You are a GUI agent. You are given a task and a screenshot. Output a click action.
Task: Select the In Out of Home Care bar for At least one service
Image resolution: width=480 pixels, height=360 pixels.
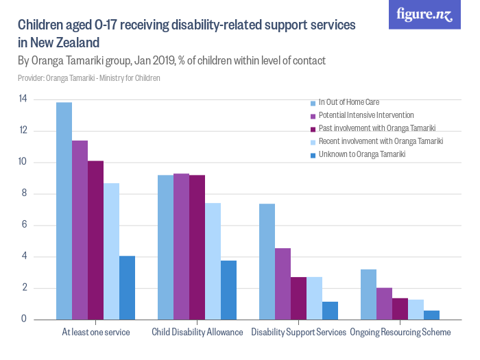pos(64,211)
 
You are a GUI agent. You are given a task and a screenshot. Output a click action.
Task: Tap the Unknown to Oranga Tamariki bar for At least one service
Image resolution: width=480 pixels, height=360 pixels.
pos(127,287)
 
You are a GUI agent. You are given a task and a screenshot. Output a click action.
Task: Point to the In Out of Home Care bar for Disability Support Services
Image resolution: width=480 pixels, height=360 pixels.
pos(267,261)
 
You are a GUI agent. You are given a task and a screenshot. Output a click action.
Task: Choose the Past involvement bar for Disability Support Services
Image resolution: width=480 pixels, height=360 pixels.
pos(298,298)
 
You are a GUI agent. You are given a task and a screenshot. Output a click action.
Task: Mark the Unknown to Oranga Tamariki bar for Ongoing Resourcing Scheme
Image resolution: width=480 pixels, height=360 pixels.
pos(431,315)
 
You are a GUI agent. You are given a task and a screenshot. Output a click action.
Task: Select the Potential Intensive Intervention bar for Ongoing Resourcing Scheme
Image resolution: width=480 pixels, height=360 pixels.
pos(385,303)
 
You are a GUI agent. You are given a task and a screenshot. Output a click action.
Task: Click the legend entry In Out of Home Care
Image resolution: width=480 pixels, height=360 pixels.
pos(348,102)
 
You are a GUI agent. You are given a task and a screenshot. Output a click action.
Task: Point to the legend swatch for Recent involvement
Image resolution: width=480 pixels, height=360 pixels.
pos(313,141)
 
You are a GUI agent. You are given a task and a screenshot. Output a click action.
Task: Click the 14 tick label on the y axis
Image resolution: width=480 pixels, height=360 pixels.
pos(23,99)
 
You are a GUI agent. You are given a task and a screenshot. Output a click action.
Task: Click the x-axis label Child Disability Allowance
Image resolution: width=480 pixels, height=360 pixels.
pos(197,333)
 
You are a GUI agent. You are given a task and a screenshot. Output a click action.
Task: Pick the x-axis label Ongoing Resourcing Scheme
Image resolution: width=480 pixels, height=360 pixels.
pos(400,333)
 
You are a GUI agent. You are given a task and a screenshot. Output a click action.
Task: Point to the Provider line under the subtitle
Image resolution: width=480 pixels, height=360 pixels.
pos(89,78)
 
